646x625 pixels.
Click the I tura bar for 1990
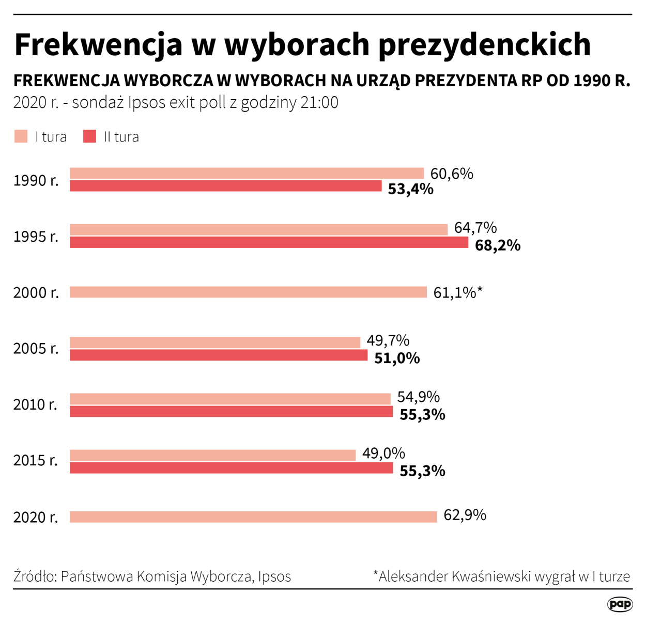coord(247,173)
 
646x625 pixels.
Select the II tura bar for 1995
coord(269,242)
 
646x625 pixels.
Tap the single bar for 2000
coord(248,292)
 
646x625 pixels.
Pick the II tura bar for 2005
coord(219,355)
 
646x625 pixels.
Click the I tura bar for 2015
coord(212,455)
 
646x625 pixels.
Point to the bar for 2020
coord(253,517)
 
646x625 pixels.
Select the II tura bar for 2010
coord(231,412)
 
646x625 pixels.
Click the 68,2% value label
coord(497,245)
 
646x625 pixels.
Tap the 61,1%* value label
coord(457,293)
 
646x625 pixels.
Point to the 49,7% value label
coord(388,340)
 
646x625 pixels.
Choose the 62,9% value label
coord(465,515)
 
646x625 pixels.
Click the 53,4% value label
coord(410,189)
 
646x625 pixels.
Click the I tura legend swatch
coord(21,136)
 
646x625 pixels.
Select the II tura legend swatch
coord(89,136)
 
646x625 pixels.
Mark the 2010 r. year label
coord(35,404)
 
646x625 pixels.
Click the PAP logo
coord(620,604)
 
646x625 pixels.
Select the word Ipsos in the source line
coord(274,576)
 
